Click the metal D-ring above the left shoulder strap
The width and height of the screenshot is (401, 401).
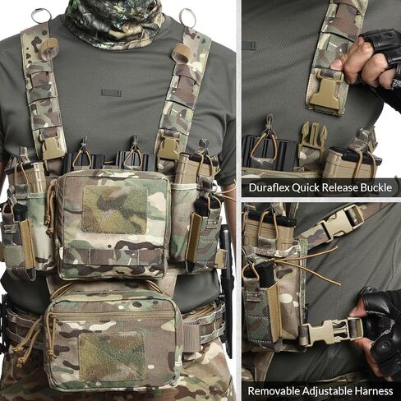(41, 15)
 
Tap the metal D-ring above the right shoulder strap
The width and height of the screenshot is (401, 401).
(188, 17)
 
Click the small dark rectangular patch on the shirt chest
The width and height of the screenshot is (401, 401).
(111, 93)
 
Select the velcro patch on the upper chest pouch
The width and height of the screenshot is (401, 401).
(114, 210)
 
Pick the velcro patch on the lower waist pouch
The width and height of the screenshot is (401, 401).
(112, 357)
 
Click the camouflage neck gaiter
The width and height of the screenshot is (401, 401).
(115, 23)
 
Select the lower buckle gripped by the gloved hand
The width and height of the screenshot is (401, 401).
(331, 333)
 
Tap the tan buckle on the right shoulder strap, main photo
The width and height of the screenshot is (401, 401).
(169, 146)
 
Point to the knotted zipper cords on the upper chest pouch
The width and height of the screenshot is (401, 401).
(50, 208)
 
